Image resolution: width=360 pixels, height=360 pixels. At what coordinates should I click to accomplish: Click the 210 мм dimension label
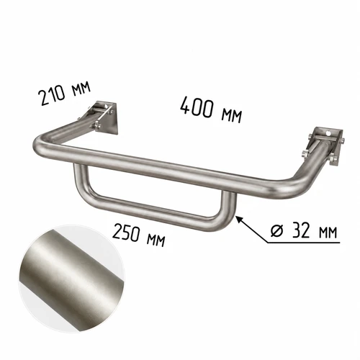66,93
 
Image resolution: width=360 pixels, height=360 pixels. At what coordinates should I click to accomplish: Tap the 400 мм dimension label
211,109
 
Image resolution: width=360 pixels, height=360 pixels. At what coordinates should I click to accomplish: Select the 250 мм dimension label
139,234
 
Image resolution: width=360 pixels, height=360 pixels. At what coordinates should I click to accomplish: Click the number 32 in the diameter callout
301,230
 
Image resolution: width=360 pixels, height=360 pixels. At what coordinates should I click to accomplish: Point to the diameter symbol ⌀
277,231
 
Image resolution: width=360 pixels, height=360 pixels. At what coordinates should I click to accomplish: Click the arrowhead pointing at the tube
239,219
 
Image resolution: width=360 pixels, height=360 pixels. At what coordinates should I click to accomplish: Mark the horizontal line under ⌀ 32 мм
304,243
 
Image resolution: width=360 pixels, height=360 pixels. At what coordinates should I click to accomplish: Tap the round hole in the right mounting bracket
328,132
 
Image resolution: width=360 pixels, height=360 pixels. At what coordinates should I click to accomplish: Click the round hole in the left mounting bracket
106,106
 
